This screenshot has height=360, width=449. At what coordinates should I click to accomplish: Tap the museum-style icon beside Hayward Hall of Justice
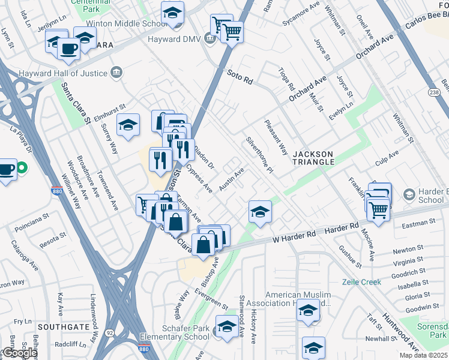coord(116,73)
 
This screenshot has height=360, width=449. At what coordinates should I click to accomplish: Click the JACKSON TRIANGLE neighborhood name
coord(313,158)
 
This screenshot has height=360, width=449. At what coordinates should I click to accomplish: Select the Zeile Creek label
coord(361,282)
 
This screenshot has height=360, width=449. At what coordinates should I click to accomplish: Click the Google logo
coord(19,353)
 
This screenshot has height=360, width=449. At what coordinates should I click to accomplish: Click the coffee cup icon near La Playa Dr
coord(7,169)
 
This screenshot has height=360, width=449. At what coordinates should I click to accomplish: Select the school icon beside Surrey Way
coord(128,125)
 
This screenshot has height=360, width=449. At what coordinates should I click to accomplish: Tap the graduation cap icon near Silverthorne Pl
coord(259,211)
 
